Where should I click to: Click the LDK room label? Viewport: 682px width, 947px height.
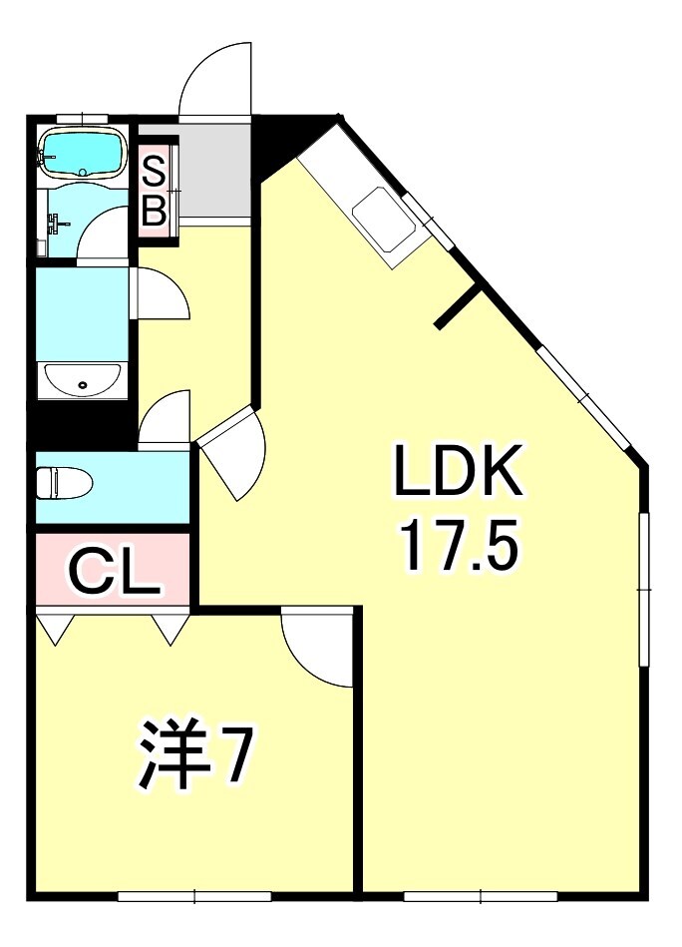(458, 469)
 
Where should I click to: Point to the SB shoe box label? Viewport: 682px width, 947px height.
(154, 190)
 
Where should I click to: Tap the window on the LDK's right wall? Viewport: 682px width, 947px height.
(644, 589)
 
